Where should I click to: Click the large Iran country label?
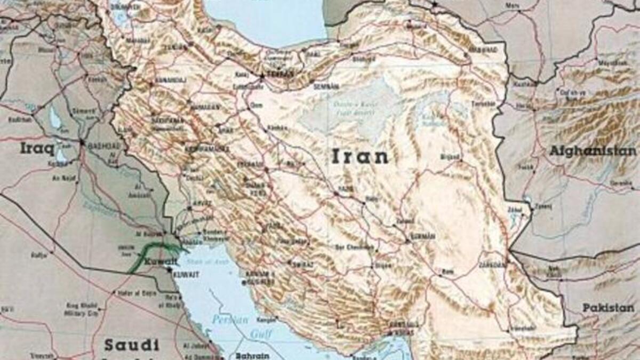[x=360, y=156]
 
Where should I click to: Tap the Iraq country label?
[x=37, y=148]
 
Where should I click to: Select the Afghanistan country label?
[x=593, y=151]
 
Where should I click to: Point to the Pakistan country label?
[x=608, y=308]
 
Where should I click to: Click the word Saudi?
[x=131, y=345]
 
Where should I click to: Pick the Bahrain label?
[x=252, y=355]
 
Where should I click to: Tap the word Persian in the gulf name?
[x=230, y=320]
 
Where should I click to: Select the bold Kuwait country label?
[x=160, y=262]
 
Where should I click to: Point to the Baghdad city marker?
[x=82, y=142]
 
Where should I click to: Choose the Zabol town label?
[x=515, y=209]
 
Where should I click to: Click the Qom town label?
[x=256, y=106]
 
